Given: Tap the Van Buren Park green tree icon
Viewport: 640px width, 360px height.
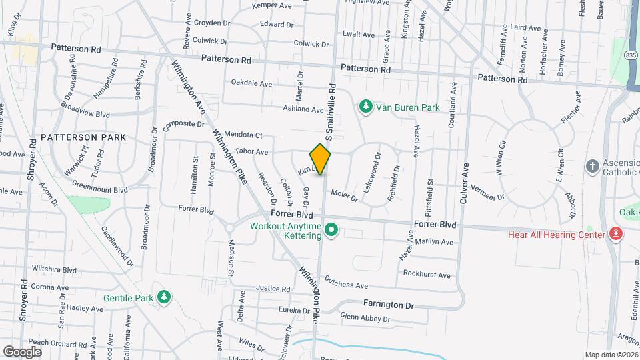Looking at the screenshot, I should tap(365, 106).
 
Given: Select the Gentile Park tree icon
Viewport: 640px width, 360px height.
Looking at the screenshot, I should tap(163, 297).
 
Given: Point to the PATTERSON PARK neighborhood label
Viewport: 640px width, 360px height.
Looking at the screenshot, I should tap(83, 137).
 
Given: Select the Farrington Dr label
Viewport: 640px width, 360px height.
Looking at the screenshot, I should tap(389, 304).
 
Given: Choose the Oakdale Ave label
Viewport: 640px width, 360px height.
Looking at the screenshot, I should tap(251, 83).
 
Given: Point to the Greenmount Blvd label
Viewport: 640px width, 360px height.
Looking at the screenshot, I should tap(99, 190).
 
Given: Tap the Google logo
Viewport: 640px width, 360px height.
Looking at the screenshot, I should tap(22, 351).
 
